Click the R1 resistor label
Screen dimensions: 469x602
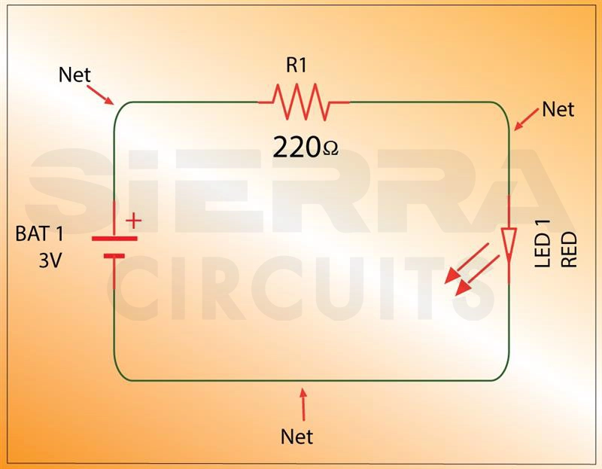296,65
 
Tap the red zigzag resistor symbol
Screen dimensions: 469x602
303,102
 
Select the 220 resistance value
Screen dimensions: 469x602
296,148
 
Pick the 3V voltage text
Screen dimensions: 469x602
51,261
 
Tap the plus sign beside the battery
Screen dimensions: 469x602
133,221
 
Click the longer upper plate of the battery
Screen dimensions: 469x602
114,238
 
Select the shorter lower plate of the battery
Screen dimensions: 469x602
114,256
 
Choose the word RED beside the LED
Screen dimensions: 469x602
569,250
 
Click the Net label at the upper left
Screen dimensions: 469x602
74,75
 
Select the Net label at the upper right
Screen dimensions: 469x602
558,110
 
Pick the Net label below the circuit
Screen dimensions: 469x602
296,436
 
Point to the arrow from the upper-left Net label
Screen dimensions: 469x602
100,95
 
